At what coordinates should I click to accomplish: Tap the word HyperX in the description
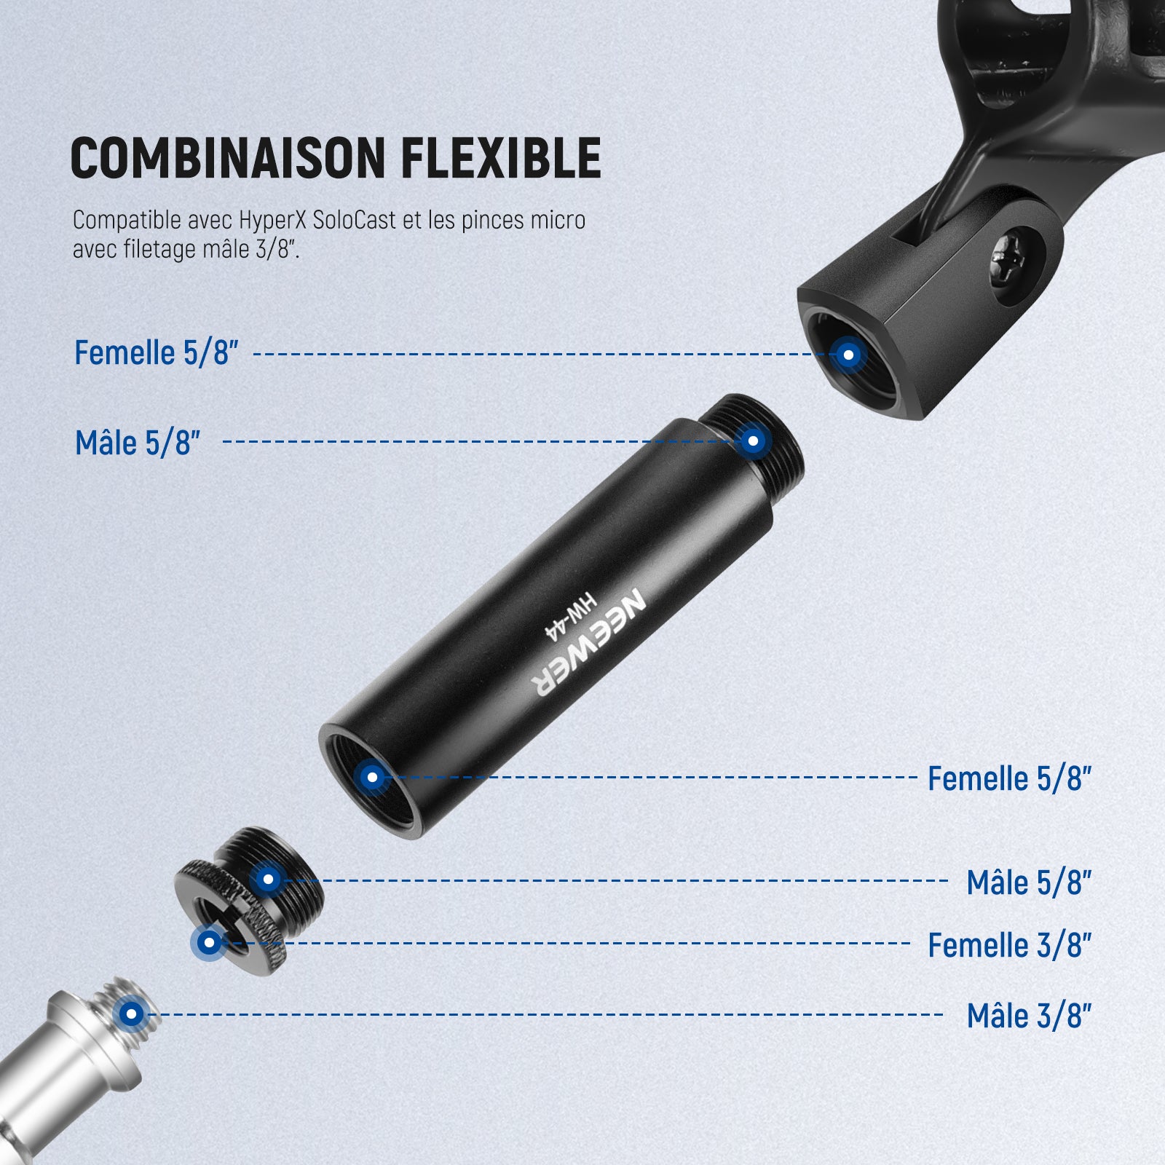pyautogui.click(x=272, y=220)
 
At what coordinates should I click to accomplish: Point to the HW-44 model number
pyautogui.click(x=572, y=617)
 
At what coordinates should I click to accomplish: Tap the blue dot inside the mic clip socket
pyautogui.click(x=848, y=355)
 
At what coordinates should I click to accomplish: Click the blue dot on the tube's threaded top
pyautogui.click(x=754, y=441)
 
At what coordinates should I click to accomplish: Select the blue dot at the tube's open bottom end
pyautogui.click(x=372, y=777)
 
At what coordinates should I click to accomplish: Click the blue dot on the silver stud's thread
pyautogui.click(x=132, y=1013)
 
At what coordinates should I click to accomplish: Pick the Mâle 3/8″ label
pyautogui.click(x=1029, y=1015)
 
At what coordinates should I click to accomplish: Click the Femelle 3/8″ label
pyautogui.click(x=1009, y=945)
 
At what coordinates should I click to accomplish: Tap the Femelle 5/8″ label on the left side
pyautogui.click(x=157, y=352)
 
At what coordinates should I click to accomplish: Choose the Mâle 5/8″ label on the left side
pyautogui.click(x=138, y=443)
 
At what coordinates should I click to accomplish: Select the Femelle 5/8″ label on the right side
pyautogui.click(x=1009, y=778)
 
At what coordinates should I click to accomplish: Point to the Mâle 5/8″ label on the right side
pyautogui.click(x=1029, y=882)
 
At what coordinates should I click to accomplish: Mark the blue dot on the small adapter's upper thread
pyautogui.click(x=268, y=879)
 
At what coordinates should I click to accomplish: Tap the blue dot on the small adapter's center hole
pyautogui.click(x=210, y=943)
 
